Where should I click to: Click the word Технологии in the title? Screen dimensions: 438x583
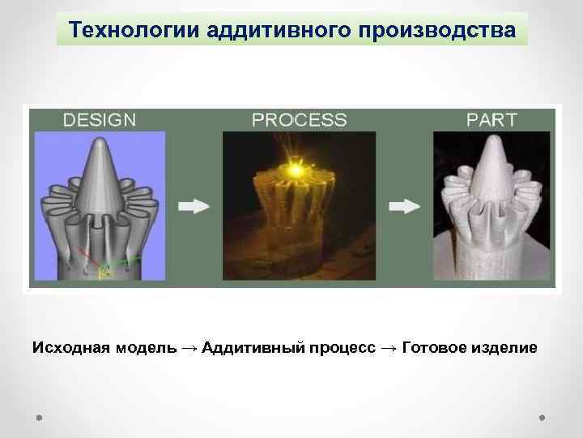pyautogui.click(x=135, y=29)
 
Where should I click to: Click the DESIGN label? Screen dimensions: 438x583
pyautogui.click(x=100, y=120)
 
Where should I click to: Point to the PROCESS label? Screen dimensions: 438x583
pyautogui.click(x=300, y=120)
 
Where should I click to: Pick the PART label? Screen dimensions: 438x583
pyautogui.click(x=492, y=120)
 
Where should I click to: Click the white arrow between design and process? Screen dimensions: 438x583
pyautogui.click(x=193, y=208)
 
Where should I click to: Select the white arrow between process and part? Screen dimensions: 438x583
pyautogui.click(x=404, y=208)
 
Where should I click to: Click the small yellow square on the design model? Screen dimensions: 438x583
pyautogui.click(x=104, y=273)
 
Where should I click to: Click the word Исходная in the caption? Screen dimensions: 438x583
pyautogui.click(x=69, y=348)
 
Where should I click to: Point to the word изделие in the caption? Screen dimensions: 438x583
pyautogui.click(x=505, y=348)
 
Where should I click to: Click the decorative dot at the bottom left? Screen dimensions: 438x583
pyautogui.click(x=40, y=418)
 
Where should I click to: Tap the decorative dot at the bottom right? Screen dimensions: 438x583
pyautogui.click(x=542, y=418)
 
